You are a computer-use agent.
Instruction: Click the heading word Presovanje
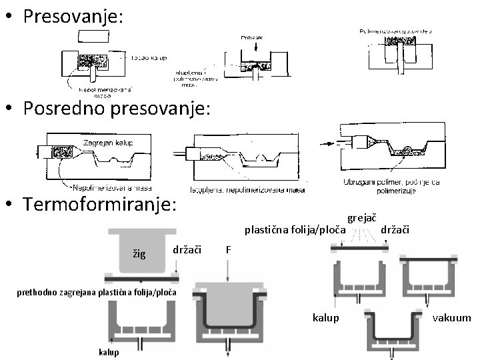click(73, 16)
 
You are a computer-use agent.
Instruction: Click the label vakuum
click(452, 319)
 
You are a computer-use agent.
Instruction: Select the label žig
click(139, 254)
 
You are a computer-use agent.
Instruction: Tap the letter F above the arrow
click(229, 250)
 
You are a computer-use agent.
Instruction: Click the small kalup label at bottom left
click(109, 351)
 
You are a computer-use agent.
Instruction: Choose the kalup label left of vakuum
click(326, 319)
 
